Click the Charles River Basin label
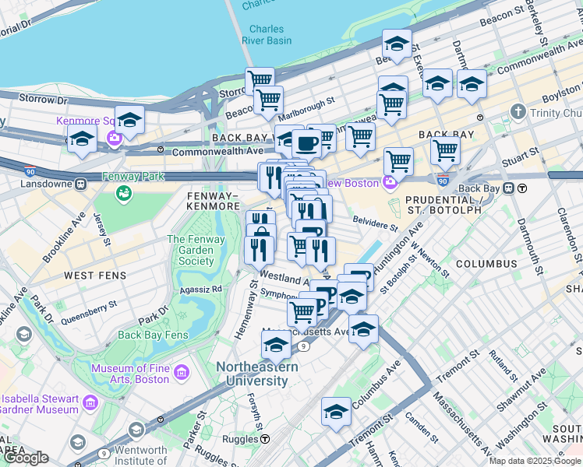pyautogui.click(x=266, y=34)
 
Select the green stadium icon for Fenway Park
pyautogui.click(x=123, y=194)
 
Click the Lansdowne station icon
pyautogui.click(x=80, y=184)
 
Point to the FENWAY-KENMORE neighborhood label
pyautogui.click(x=213, y=200)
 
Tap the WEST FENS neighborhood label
pyautogui.click(x=90, y=276)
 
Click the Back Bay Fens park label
pyautogui.click(x=153, y=335)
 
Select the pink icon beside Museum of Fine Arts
pyautogui.click(x=181, y=372)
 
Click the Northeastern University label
pyautogui.click(x=251, y=374)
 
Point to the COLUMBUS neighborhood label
pyautogui.click(x=486, y=264)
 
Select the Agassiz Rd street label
pyautogui.click(x=200, y=288)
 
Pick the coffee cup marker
pyautogui.click(x=307, y=142)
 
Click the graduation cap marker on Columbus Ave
pyautogui.click(x=337, y=411)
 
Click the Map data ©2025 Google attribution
pyautogui.click(x=535, y=461)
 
